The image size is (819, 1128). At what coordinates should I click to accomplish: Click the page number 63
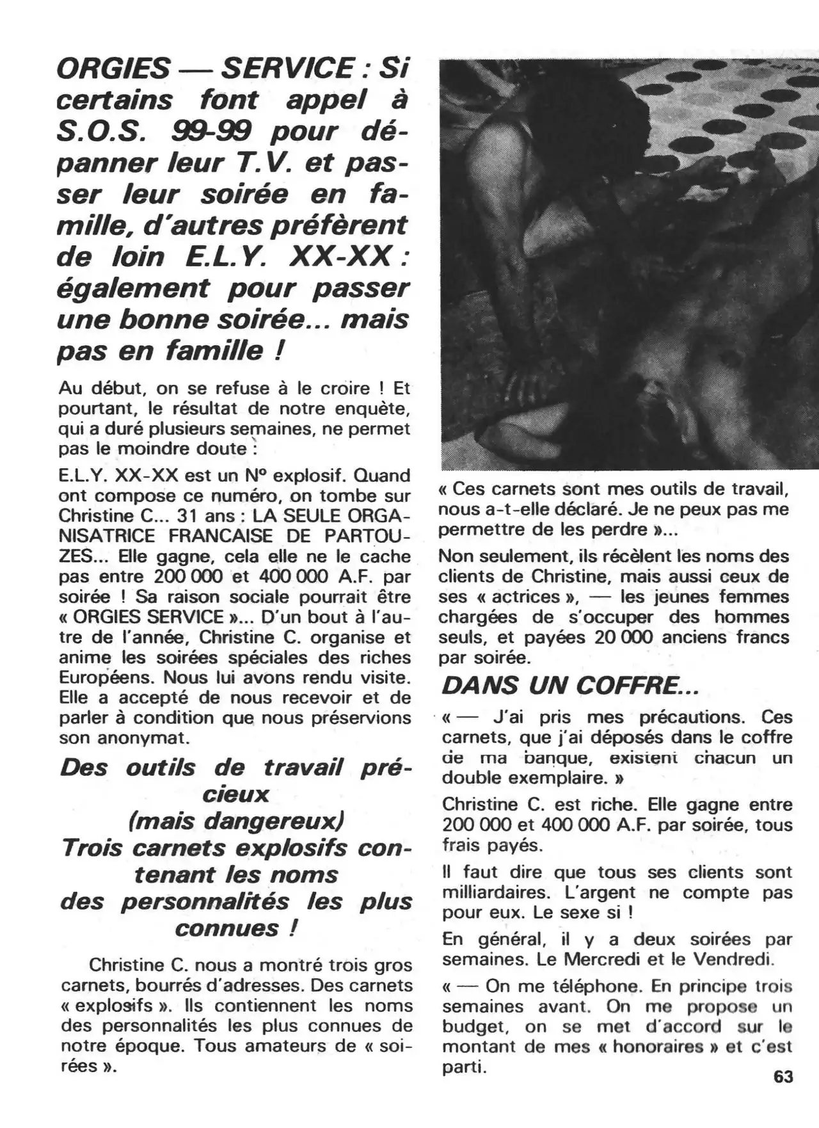pos(783,1077)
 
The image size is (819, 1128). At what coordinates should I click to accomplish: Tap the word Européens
pos(106,677)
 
